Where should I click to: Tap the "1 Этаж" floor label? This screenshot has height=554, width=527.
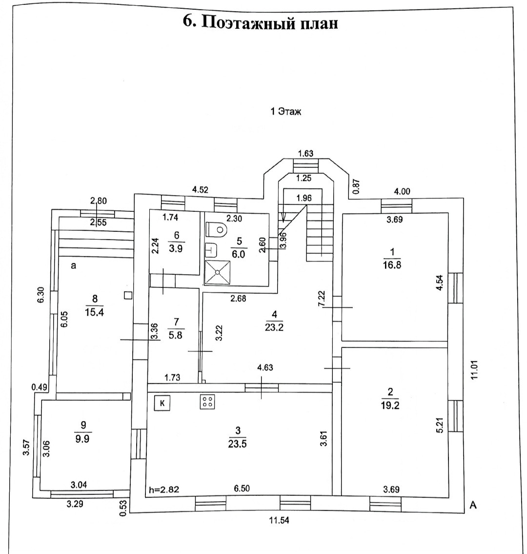286,112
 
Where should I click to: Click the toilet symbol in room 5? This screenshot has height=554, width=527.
216,229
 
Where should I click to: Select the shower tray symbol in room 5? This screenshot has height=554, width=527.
217,272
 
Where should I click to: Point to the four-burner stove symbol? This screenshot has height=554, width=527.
207,402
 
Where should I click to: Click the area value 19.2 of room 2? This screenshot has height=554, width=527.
390,405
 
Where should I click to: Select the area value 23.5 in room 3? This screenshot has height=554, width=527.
237,444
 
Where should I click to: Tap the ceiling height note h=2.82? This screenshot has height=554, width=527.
164,489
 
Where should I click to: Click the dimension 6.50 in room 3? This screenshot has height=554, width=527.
243,489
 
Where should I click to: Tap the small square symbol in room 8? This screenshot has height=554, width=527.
128,295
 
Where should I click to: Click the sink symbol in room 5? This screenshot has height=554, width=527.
211,249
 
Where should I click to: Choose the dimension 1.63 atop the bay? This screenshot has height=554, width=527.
305,153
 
